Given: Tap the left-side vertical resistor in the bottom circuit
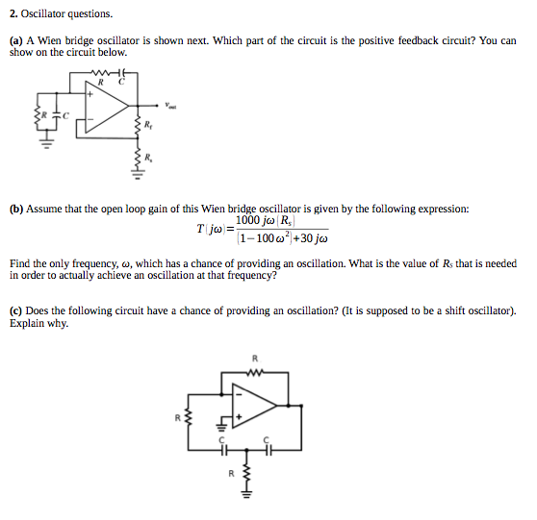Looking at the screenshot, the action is (188, 417).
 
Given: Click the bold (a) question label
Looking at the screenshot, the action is (16, 41).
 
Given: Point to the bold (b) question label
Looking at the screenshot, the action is (16, 209).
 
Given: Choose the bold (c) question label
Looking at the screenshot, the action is (16, 310).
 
